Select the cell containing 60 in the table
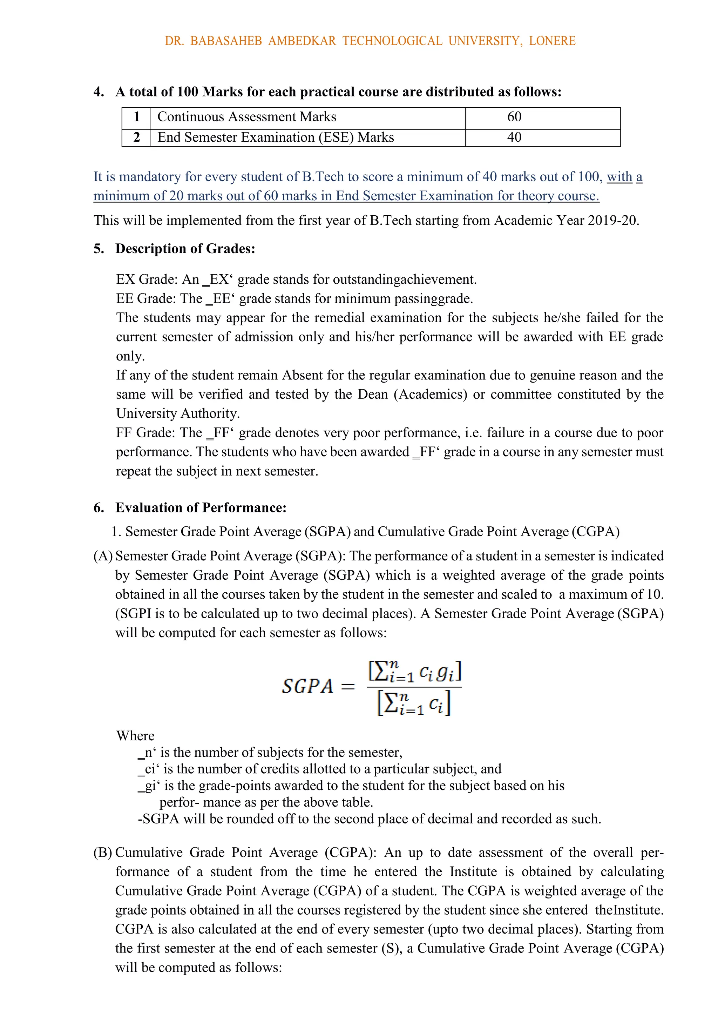click(x=514, y=117)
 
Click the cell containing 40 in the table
click(x=514, y=137)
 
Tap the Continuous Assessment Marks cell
click(x=247, y=117)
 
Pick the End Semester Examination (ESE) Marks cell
click(x=276, y=137)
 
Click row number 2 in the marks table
click(x=136, y=137)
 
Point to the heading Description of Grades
click(x=185, y=249)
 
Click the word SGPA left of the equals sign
click(x=307, y=687)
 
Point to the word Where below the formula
click(x=135, y=736)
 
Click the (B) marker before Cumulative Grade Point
click(x=103, y=853)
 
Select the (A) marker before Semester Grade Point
click(x=103, y=556)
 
